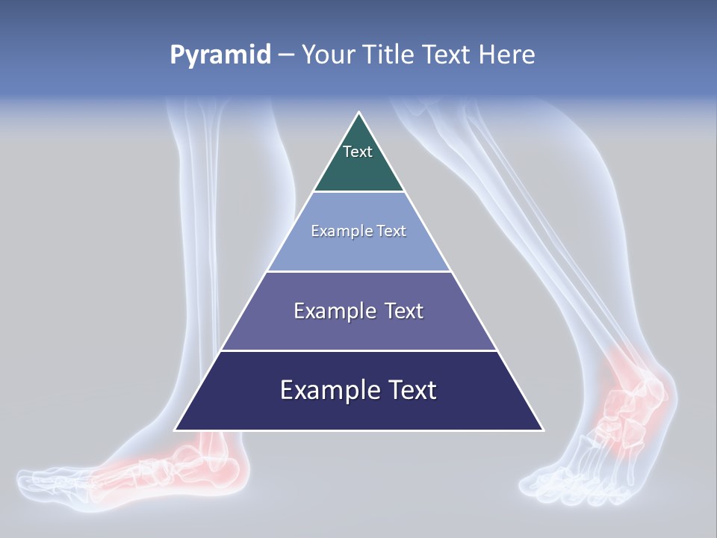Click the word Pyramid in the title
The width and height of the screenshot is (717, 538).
point(220,55)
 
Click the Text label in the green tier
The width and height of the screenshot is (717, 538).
point(357,152)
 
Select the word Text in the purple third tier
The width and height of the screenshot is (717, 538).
point(403,311)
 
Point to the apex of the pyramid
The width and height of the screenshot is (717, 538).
point(358,114)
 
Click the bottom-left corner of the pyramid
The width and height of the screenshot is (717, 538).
point(176,429)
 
